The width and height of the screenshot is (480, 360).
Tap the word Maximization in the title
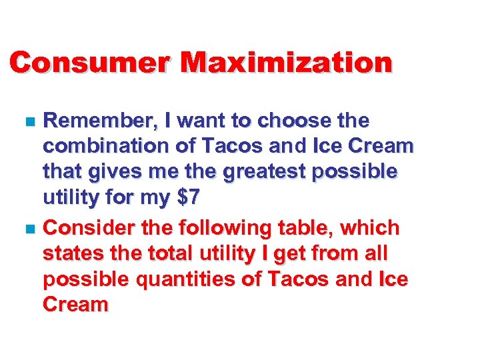pyautogui.click(x=287, y=63)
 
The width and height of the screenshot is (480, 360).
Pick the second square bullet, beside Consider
pyautogui.click(x=27, y=229)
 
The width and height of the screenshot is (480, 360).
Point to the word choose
pyautogui.click(x=294, y=121)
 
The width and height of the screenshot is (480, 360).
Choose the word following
pyautogui.click(x=219, y=228)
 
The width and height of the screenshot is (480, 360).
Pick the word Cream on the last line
pyautogui.click(x=75, y=305)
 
